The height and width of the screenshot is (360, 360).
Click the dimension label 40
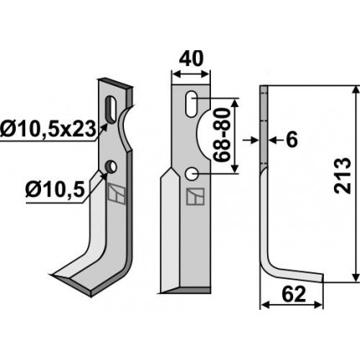pos(191,59)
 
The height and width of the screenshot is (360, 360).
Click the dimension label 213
pos(342,176)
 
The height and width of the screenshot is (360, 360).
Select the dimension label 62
pos(294,295)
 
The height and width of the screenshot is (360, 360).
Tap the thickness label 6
pos(291,140)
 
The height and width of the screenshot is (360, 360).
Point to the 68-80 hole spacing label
pos(222,136)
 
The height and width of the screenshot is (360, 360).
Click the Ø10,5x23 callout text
pos(48,130)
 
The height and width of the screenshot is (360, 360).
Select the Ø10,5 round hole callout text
pos(55,191)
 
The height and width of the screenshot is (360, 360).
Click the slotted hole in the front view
pos(192,104)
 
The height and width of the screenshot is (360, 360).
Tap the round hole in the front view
pos(192,173)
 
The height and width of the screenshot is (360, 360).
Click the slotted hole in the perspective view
pos(112,109)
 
